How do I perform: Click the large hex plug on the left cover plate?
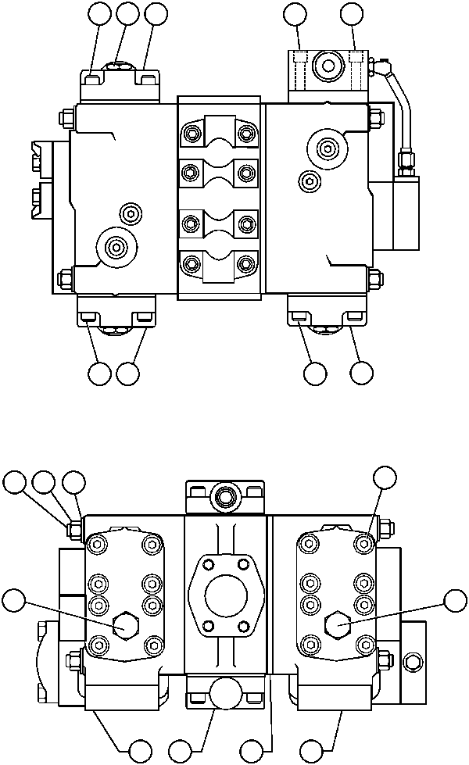pyautogui.click(x=124, y=624)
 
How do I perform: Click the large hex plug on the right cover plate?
pyautogui.click(x=336, y=623)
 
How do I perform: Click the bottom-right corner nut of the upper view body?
pyautogui.click(x=374, y=277)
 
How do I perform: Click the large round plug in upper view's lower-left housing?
pyautogui.click(x=116, y=247)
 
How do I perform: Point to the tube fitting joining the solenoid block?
pyautogui.click(x=404, y=160)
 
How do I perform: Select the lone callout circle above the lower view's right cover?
pyautogui.click(x=384, y=478)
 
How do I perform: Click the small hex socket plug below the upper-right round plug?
pyautogui.click(x=310, y=181)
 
